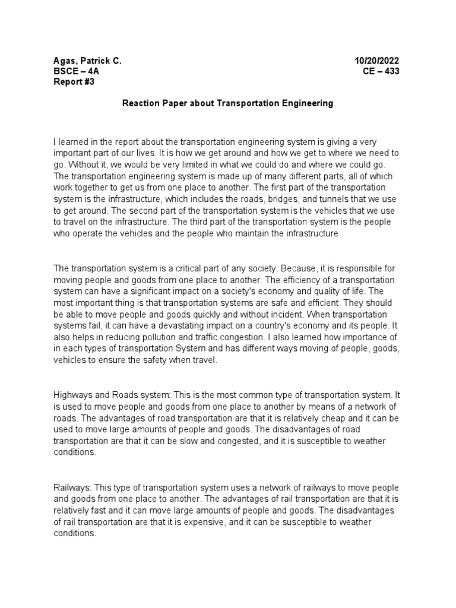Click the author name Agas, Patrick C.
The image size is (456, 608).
coord(87,61)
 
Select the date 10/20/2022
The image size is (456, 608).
coord(377,61)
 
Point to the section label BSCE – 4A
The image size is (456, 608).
coord(77,72)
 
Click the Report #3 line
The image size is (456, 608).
coord(74,83)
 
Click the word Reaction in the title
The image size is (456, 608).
coord(141,103)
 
